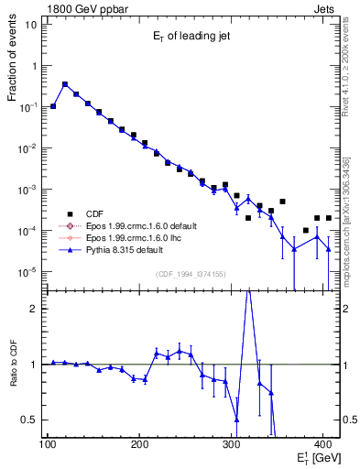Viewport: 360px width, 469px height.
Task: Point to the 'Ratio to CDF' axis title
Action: click(x=12, y=364)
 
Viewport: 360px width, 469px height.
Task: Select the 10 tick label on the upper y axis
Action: click(x=31, y=25)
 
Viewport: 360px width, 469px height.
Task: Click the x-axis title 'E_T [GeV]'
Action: click(x=315, y=458)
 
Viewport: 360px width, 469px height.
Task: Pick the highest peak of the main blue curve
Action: click(x=65, y=83)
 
